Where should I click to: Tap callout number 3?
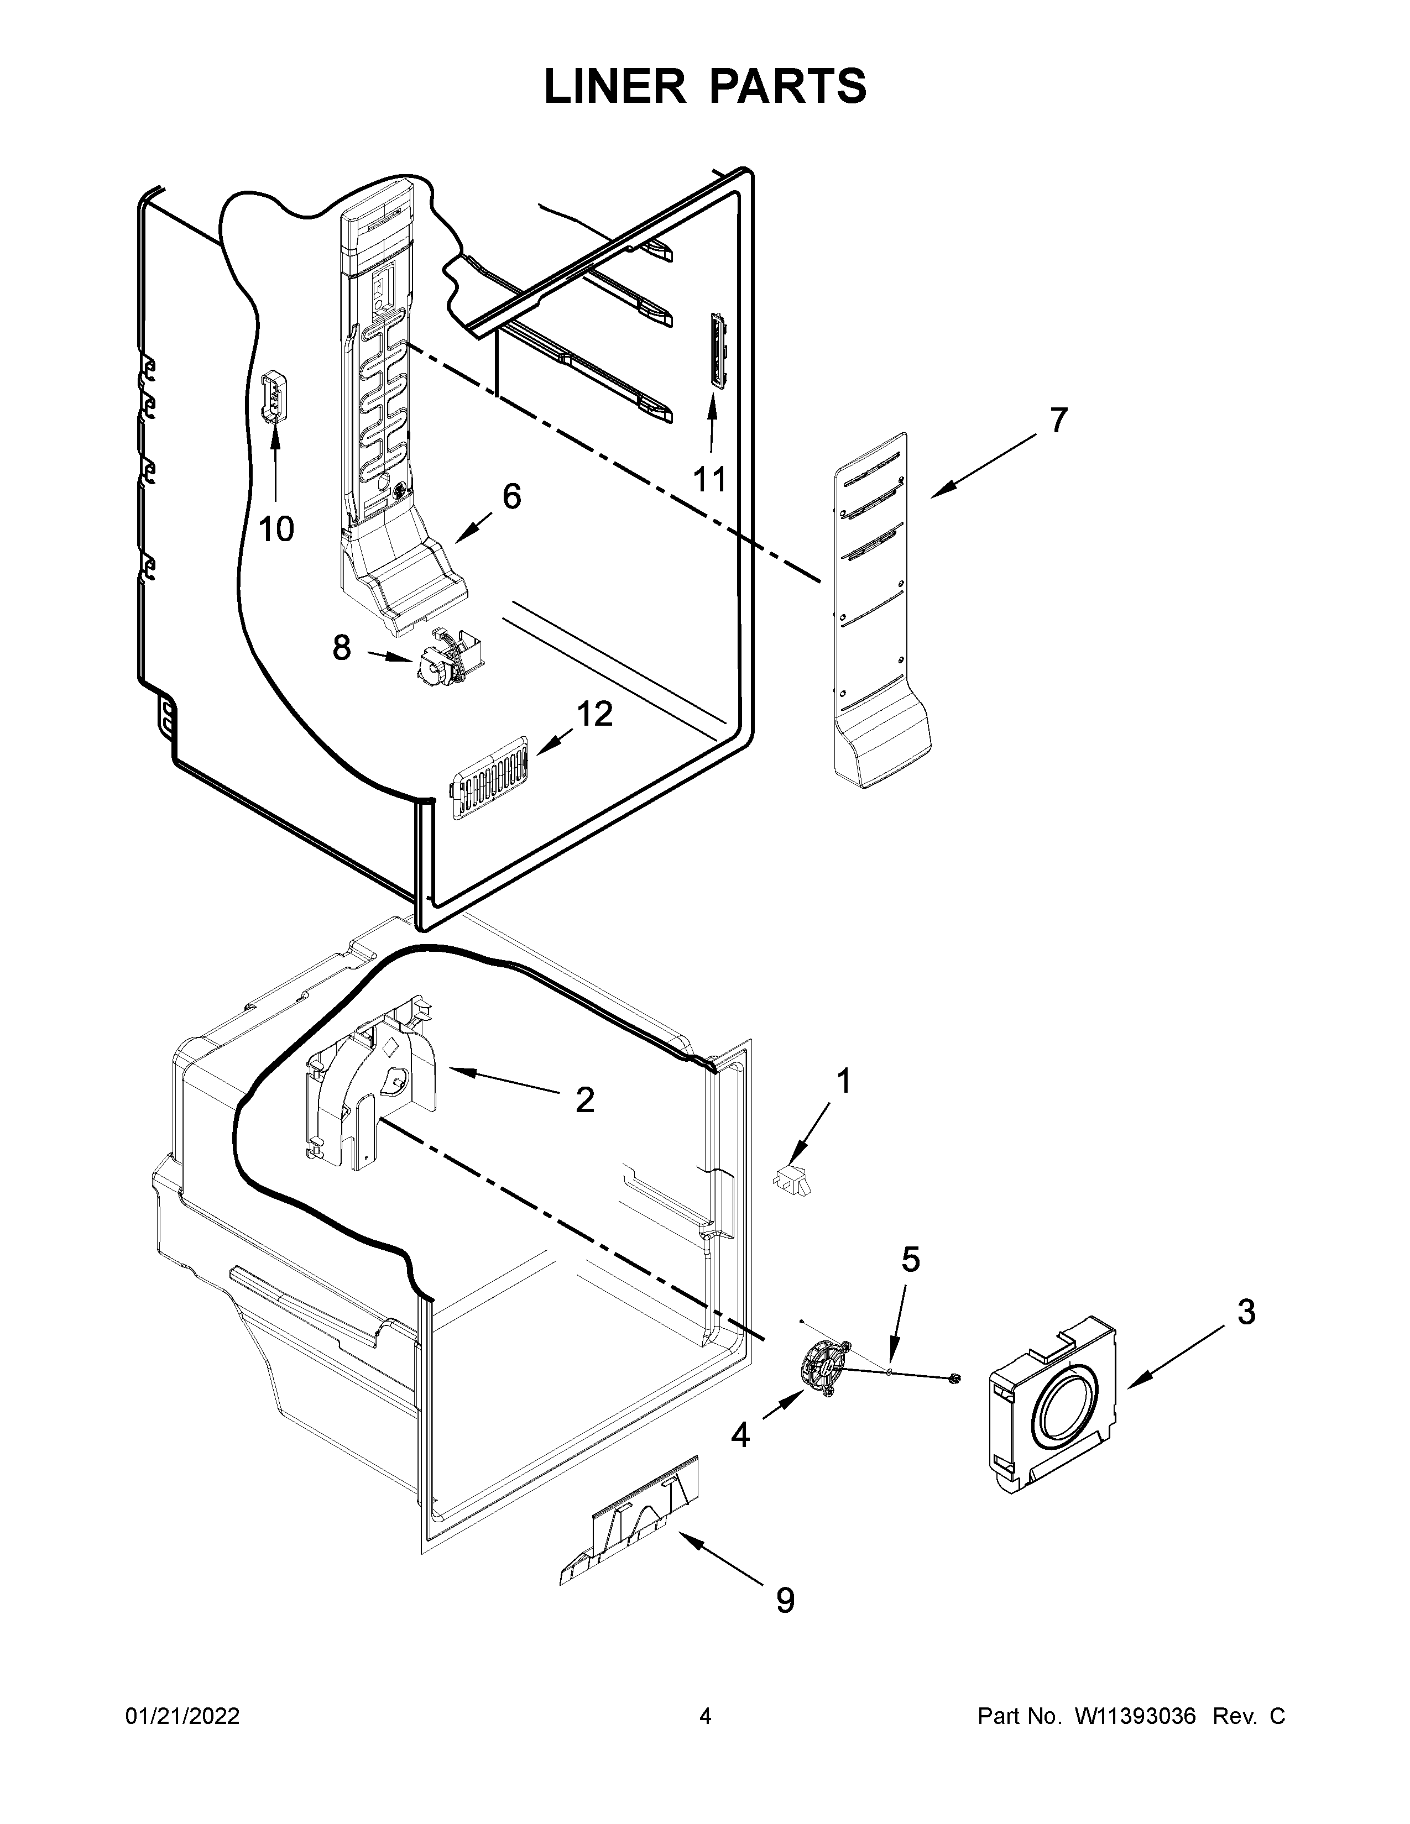pyautogui.click(x=1245, y=1312)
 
